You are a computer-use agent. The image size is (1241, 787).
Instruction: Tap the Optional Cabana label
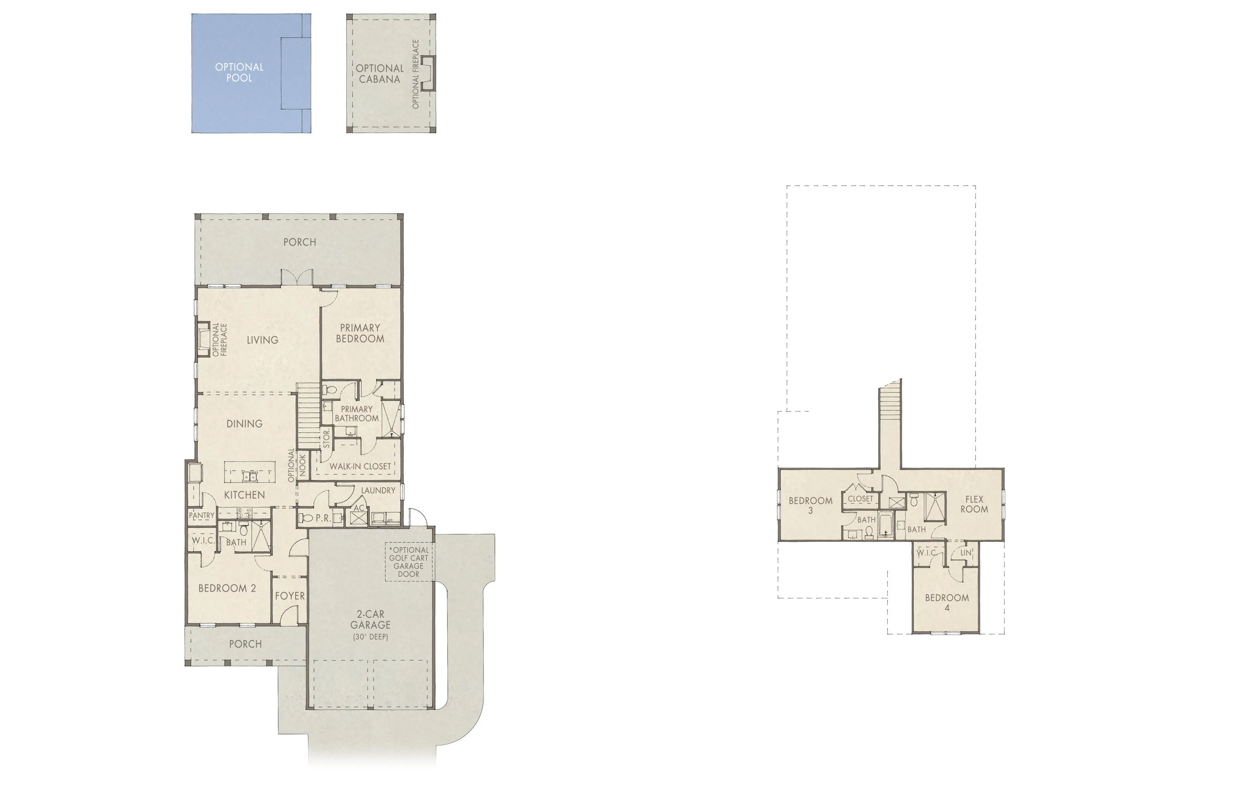(379, 74)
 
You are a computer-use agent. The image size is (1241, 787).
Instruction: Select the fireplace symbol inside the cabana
(428, 73)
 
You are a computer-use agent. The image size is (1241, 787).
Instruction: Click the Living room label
(262, 340)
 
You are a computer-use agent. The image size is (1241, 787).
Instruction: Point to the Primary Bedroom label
(360, 333)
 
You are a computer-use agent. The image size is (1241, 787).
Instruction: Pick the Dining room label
(244, 423)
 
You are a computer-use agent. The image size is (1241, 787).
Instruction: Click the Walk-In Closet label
(360, 466)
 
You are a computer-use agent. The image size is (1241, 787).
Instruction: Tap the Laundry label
(378, 490)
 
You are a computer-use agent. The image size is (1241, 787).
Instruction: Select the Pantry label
(201, 515)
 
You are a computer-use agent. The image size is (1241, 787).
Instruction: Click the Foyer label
(290, 596)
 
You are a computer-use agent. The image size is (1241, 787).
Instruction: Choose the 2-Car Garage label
(370, 620)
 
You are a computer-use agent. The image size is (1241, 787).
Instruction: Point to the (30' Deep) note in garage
(370, 637)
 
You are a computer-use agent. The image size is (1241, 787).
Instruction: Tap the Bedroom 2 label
(227, 588)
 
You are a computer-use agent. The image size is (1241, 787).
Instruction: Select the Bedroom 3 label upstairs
(810, 505)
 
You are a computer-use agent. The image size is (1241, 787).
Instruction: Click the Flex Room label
(973, 504)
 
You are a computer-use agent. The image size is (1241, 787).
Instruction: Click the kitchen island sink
(250, 477)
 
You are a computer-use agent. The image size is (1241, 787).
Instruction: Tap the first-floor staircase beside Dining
(308, 416)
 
